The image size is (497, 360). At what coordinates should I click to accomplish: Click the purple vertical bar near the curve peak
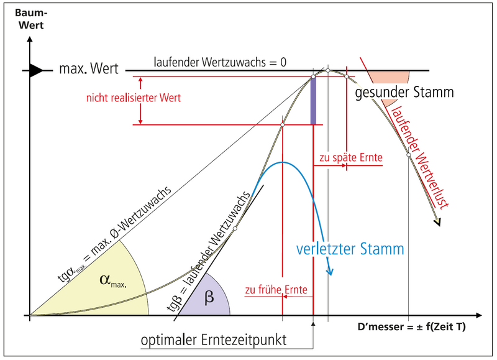pyautogui.click(x=313, y=100)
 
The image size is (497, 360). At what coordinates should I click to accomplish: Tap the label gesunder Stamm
pyautogui.click(x=404, y=93)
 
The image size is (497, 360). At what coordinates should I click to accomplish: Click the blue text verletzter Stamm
pyautogui.click(x=350, y=250)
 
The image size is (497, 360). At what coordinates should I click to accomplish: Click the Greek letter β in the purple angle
pyautogui.click(x=209, y=297)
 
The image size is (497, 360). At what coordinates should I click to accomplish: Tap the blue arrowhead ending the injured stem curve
pyautogui.click(x=331, y=272)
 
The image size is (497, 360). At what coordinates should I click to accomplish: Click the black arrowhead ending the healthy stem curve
pyautogui.click(x=439, y=222)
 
